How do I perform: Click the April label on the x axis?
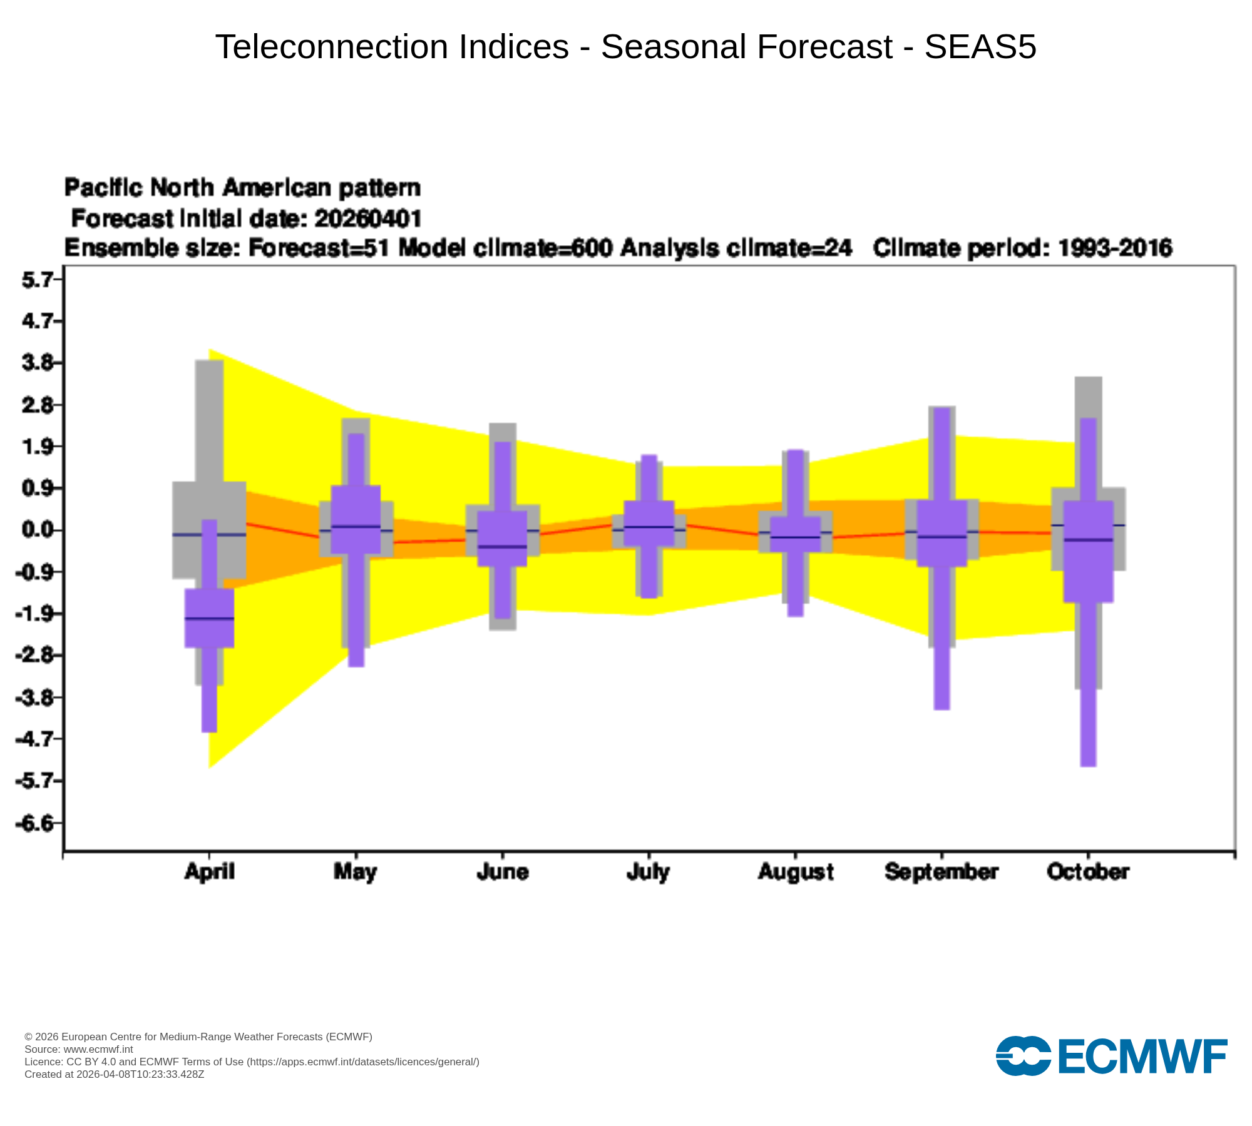tap(209, 871)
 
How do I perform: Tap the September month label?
tap(941, 871)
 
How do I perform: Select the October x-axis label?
tap(1088, 871)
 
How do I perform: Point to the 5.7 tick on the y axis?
tap(38, 280)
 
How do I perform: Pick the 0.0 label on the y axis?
tap(38, 530)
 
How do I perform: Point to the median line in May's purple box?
tap(356, 526)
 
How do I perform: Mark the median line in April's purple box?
tap(209, 618)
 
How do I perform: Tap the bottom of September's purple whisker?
tap(942, 708)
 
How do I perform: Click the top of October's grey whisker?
tap(1088, 378)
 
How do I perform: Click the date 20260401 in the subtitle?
tap(368, 218)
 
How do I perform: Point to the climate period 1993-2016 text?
tap(1115, 248)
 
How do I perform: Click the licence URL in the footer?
tap(363, 1062)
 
